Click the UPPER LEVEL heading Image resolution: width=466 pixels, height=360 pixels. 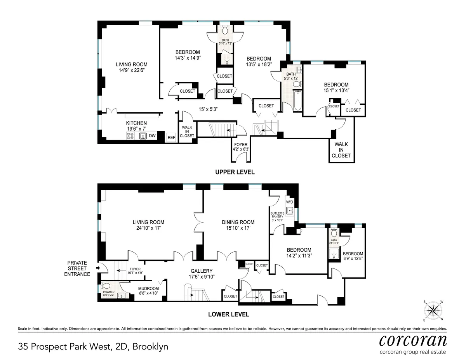click(x=235, y=172)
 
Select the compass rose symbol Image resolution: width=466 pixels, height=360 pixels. click(x=433, y=310)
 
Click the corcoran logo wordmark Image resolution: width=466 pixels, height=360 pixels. click(x=412, y=341)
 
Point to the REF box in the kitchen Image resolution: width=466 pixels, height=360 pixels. click(x=171, y=137)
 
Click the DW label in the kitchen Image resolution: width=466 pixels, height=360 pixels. click(x=152, y=136)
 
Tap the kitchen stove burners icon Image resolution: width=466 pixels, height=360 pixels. click(x=130, y=136)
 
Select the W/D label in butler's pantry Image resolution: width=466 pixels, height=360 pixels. click(x=290, y=202)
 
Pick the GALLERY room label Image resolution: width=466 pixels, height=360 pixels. click(x=201, y=271)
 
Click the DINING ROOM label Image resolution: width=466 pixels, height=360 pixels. click(x=238, y=222)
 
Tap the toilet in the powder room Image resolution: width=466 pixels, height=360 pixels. click(x=105, y=287)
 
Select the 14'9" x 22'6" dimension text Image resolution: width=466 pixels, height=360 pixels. click(x=132, y=71)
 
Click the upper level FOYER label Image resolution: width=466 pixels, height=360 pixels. click(x=239, y=145)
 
